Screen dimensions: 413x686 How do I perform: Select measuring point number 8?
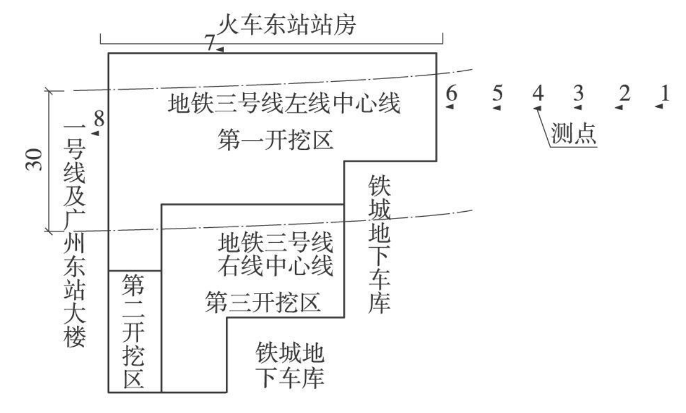click(x=99, y=119)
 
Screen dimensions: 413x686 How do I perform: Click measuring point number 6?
click(x=451, y=95)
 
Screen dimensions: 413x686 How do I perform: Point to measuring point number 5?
click(x=497, y=95)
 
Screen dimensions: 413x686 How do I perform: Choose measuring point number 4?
click(x=537, y=95)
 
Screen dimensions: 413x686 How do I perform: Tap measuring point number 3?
click(x=578, y=95)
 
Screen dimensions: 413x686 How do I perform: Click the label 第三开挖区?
click(x=263, y=303)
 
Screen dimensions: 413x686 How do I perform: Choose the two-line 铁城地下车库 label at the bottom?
click(x=289, y=365)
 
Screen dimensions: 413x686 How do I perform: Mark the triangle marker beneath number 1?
click(x=659, y=107)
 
